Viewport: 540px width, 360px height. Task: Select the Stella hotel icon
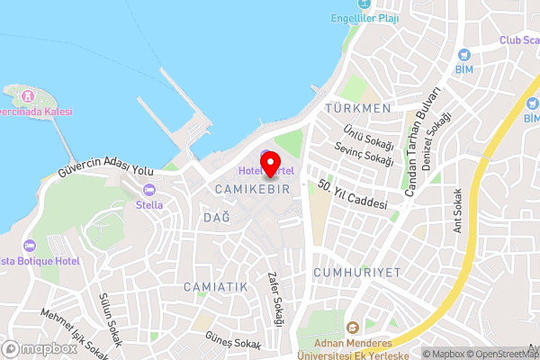pyautogui.click(x=149, y=190)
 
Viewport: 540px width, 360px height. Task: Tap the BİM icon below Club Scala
pyautogui.click(x=464, y=55)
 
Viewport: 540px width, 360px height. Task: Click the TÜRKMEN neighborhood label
pyautogui.click(x=358, y=108)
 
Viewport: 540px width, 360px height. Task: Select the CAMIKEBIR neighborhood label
pyautogui.click(x=252, y=189)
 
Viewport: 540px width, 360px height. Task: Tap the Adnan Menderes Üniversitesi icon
pyautogui.click(x=352, y=326)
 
